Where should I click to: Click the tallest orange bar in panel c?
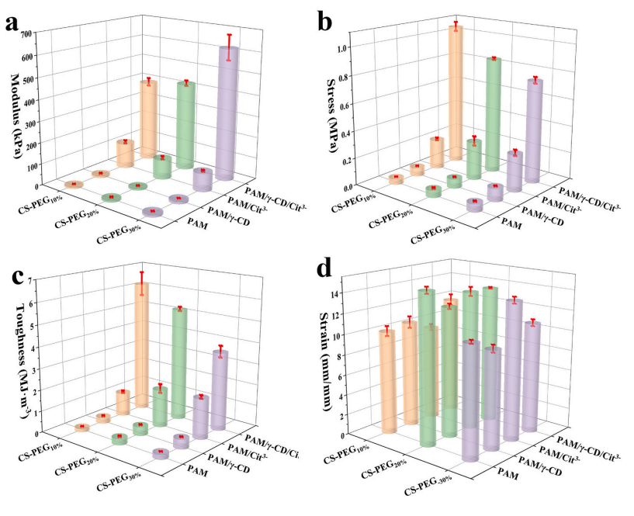coord(141,341)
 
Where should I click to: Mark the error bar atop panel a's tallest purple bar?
coord(228,47)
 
